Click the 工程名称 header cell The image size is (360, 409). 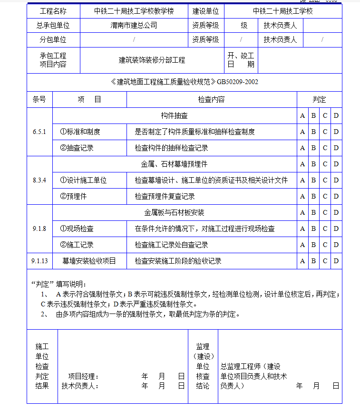53,11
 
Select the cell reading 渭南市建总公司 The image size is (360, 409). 134,26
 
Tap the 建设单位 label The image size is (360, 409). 206,11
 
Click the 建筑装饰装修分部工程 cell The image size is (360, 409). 152,60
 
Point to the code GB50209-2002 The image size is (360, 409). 237,82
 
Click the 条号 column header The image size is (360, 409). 39,99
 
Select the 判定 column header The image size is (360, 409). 319,99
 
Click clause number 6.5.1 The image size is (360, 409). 39,132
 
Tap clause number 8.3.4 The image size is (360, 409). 39,180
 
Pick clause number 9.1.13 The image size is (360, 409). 39,261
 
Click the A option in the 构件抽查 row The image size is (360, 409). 302,115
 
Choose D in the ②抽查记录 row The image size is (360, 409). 336,148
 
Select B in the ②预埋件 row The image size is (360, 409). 313,196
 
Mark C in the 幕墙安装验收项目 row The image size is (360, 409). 325,261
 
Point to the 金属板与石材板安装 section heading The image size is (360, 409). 174,212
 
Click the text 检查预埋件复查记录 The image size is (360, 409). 165,196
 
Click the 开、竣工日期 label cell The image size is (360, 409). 241,60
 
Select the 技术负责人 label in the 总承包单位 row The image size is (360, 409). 280,26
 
